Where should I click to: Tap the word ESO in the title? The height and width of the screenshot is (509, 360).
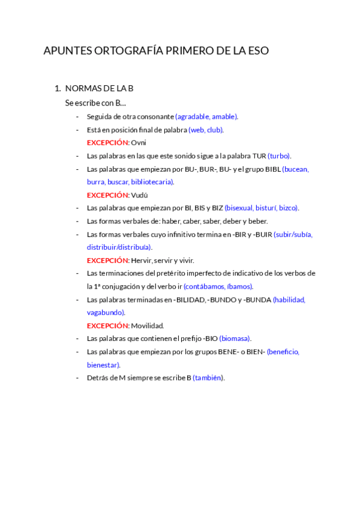tap(259, 51)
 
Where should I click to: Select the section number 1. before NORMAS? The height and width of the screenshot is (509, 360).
tap(58, 88)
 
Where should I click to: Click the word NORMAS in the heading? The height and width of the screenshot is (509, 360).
tap(81, 88)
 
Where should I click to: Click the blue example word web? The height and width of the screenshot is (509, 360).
tap(197, 130)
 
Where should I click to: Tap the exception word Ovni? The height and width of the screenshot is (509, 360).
tap(139, 143)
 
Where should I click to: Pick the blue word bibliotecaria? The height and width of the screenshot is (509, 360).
tap(152, 182)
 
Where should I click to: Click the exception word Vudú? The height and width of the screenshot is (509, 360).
tap(139, 195)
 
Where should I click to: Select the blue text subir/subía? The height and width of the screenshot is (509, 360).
tap(293, 235)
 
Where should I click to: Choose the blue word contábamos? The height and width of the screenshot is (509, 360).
tap(205, 287)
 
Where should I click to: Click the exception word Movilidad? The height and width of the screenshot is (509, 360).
tap(148, 326)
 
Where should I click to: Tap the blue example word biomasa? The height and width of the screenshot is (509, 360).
tap(235, 339)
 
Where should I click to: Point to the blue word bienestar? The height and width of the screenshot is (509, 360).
tap(103, 365)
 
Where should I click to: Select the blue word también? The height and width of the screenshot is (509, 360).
tap(208, 378)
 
